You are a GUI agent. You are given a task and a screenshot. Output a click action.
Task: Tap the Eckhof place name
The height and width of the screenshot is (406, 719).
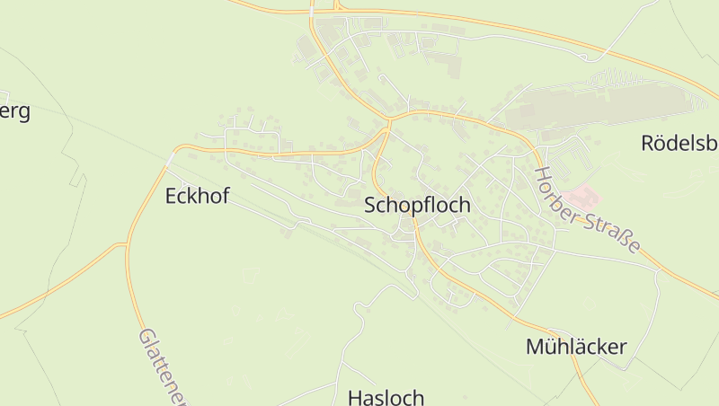(x=197, y=196)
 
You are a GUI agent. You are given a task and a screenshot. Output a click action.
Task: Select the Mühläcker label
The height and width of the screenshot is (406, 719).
(x=575, y=347)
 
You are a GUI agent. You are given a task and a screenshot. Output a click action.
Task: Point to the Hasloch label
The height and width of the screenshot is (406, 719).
(x=386, y=397)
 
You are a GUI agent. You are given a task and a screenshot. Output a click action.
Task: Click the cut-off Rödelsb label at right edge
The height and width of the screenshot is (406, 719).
(x=679, y=142)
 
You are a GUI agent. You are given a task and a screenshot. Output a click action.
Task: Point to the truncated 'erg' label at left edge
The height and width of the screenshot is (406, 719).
(x=16, y=111)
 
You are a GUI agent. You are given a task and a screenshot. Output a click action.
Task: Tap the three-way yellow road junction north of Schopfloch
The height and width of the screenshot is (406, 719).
(x=389, y=120)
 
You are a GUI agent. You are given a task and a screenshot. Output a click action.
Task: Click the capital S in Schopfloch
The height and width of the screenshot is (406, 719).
(x=370, y=205)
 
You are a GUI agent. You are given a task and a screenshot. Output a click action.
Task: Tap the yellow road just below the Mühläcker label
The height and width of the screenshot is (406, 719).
(x=584, y=368)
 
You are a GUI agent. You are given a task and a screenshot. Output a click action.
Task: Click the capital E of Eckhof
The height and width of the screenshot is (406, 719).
(x=171, y=196)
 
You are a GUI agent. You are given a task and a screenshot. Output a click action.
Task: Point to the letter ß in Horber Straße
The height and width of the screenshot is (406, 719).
(x=626, y=238)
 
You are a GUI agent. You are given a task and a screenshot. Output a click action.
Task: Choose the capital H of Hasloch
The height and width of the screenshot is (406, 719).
(x=354, y=397)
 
